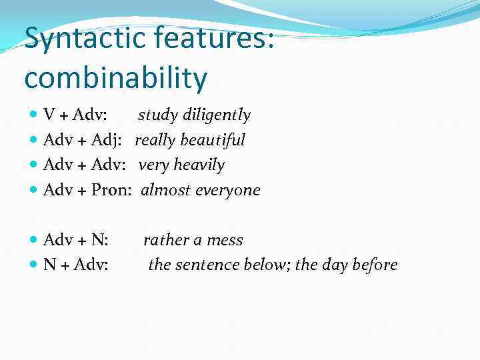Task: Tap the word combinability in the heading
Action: (x=115, y=78)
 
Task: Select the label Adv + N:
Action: (x=76, y=240)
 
